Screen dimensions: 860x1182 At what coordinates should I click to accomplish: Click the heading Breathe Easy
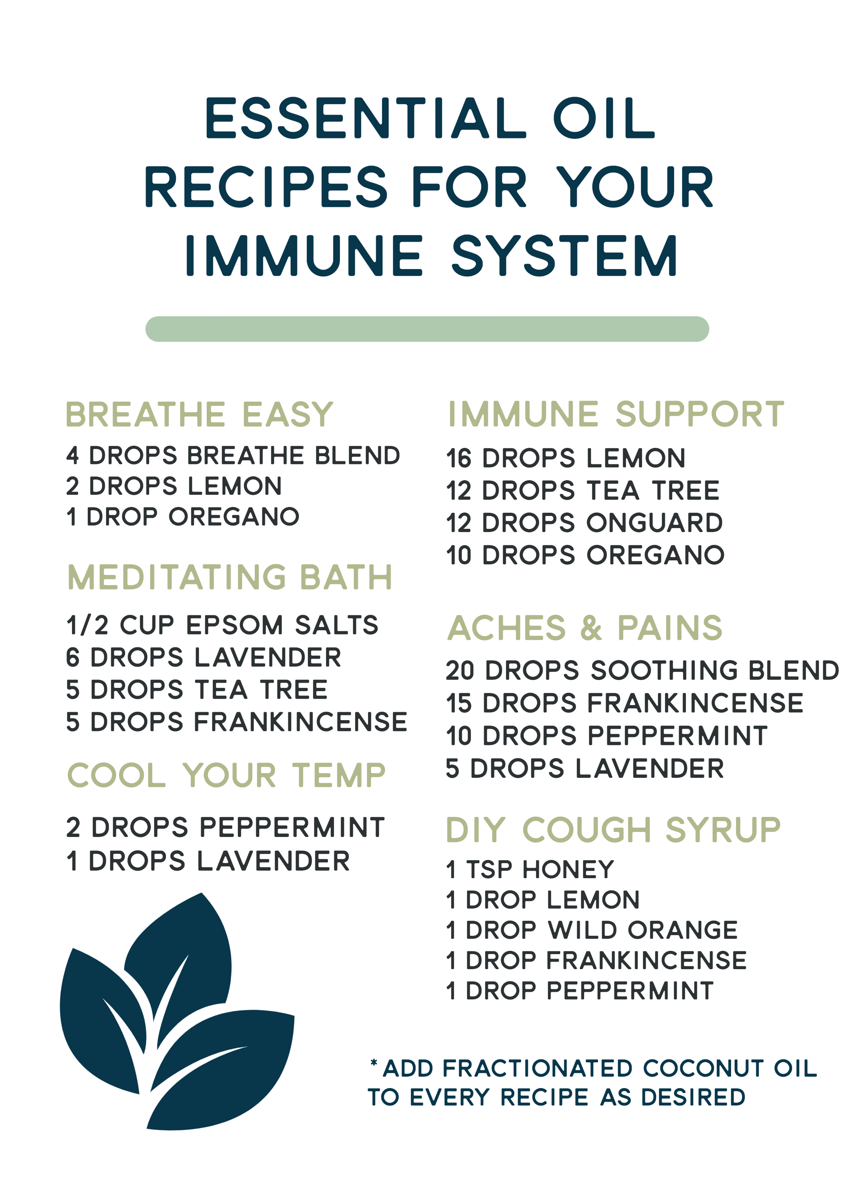pyautogui.click(x=199, y=415)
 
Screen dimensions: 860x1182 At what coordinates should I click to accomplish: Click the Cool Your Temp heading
pyautogui.click(x=226, y=775)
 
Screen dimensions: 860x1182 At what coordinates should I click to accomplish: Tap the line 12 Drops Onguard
pyautogui.click(x=584, y=523)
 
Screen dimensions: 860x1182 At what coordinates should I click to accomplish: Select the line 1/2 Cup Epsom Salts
pyautogui.click(x=222, y=625)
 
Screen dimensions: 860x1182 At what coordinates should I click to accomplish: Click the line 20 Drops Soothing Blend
pyautogui.click(x=642, y=670)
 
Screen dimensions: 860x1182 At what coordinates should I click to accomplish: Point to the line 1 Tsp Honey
pyautogui.click(x=530, y=869)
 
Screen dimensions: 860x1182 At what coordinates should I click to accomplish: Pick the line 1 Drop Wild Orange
pyautogui.click(x=592, y=930)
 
